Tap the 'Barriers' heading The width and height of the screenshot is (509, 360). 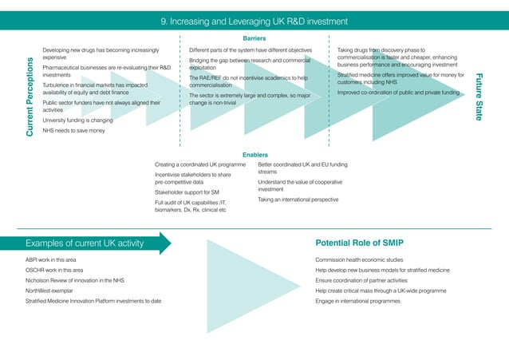click(254, 38)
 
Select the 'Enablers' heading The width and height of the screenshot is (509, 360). click(254, 154)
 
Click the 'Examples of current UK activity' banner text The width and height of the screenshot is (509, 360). click(88, 242)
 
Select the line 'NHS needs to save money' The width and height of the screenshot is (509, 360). click(73, 130)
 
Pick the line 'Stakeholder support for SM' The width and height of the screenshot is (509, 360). click(187, 192)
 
